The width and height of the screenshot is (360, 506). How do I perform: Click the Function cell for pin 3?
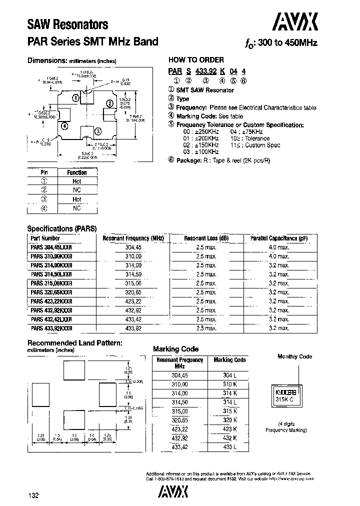click(x=77, y=199)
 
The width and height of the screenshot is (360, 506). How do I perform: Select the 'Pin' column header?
click(x=44, y=172)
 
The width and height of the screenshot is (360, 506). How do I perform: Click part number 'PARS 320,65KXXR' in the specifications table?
click(x=51, y=292)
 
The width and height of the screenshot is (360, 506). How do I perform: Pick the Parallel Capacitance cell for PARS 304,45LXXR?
click(x=278, y=247)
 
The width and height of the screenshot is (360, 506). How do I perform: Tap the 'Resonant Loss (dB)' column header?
click(x=206, y=238)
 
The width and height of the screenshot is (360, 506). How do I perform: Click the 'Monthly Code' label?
click(x=295, y=356)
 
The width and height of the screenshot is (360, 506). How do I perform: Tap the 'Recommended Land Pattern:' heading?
click(x=74, y=343)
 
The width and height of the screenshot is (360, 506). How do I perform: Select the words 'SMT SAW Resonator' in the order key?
click(x=205, y=90)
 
